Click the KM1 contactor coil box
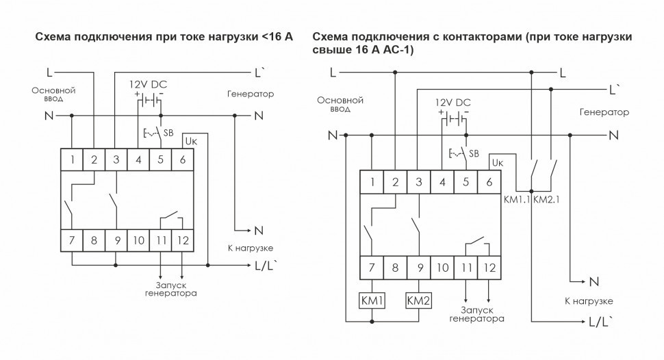click(x=371, y=300)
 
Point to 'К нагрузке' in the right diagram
click(x=588, y=300)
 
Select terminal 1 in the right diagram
click(x=372, y=182)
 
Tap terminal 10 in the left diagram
click(x=138, y=240)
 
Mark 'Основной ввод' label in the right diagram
click(x=340, y=104)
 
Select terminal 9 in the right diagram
click(x=417, y=268)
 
